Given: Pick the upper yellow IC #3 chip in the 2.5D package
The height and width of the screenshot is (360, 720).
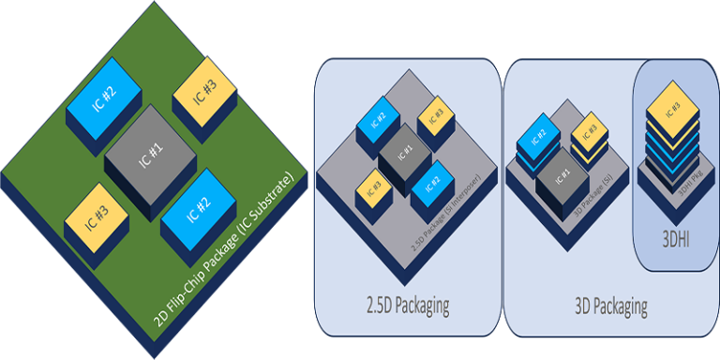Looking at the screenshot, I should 435,115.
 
